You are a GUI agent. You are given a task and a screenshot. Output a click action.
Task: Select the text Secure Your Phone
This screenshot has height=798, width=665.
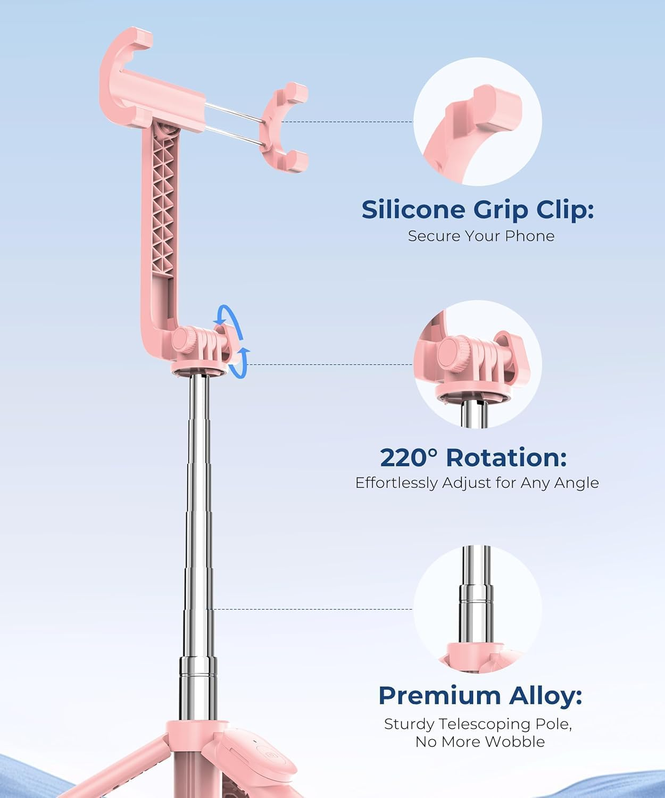[x=481, y=236]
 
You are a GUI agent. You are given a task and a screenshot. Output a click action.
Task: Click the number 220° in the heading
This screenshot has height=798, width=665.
[x=409, y=458]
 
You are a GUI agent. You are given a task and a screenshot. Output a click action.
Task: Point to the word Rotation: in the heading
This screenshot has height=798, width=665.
[x=506, y=458]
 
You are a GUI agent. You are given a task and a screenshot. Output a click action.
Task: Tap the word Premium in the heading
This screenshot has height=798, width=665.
[x=437, y=695]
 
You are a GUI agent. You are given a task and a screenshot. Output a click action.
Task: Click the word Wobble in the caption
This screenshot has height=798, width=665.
[x=518, y=742]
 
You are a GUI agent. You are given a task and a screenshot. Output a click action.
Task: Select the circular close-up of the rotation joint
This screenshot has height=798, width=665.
[x=477, y=364]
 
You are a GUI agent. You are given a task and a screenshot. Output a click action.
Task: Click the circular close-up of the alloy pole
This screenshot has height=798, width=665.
[x=477, y=609]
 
